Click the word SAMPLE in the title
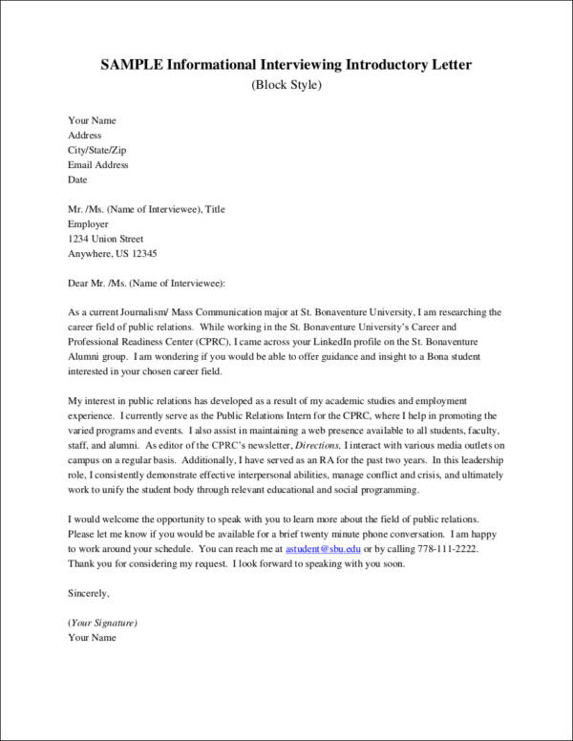coord(134,64)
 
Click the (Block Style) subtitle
coord(286,85)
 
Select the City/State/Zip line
coord(95,150)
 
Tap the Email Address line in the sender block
coord(97,164)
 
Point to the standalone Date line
coord(77,179)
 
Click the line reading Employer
coord(89,224)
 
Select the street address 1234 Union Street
coord(105,239)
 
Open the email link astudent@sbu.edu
coord(321,549)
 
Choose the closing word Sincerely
coord(89,593)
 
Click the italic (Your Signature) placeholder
coord(102,622)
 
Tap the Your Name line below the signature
coord(92,637)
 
